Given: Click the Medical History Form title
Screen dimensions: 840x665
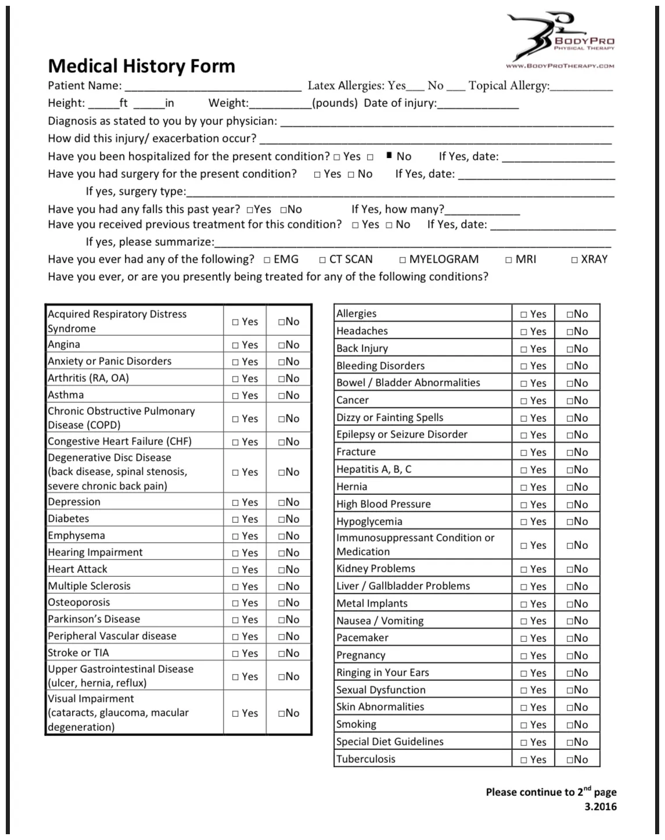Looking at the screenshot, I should [x=141, y=66].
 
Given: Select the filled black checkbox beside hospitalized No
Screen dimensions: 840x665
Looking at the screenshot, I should [x=389, y=156].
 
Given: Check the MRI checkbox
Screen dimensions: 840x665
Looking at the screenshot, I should [x=509, y=260].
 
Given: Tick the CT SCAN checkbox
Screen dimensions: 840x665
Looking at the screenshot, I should [x=322, y=260].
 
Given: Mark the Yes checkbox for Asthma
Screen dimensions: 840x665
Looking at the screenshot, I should [x=235, y=396].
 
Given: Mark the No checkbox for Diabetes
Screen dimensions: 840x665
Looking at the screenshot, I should [x=281, y=519].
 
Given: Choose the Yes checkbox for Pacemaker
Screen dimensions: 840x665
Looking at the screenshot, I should [x=524, y=638].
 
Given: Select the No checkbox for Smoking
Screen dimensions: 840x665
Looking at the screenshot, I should [x=570, y=725].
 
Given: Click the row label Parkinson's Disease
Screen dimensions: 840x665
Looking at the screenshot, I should [x=94, y=619].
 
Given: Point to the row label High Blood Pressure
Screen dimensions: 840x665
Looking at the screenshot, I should [x=383, y=504].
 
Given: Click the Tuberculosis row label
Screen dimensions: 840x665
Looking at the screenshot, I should [x=365, y=759].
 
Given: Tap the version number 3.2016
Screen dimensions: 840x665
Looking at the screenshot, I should [x=601, y=807].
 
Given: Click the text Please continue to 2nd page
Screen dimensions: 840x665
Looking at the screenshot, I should [x=551, y=792].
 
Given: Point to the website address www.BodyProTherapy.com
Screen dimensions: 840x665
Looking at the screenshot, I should [x=560, y=66].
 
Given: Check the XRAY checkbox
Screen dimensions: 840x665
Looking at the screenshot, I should [x=574, y=260].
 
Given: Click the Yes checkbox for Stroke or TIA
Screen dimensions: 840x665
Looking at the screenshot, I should [x=235, y=654].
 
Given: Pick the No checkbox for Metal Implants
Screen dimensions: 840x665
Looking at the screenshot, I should [x=570, y=604].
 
